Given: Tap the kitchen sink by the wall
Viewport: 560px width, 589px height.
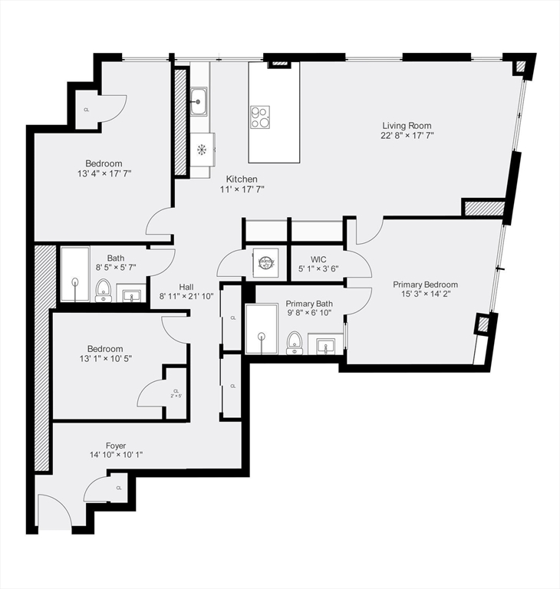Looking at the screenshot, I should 199,100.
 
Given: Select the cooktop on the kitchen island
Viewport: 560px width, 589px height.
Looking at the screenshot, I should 260,117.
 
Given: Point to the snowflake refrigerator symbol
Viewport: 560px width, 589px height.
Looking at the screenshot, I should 203,148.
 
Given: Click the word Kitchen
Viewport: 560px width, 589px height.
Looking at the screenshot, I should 242,179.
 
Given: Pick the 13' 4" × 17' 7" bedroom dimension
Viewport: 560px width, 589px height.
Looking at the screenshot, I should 104,174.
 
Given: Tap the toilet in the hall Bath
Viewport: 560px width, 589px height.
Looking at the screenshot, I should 104,290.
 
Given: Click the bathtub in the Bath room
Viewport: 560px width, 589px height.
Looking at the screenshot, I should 74,275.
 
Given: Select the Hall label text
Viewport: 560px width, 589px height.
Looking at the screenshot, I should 186,286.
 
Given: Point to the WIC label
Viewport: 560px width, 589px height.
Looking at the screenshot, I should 319,259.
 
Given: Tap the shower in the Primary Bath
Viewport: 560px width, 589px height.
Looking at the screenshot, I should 262,329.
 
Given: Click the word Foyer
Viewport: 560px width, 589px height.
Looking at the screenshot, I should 116,446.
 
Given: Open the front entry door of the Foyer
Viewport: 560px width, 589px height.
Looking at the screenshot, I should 54,512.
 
